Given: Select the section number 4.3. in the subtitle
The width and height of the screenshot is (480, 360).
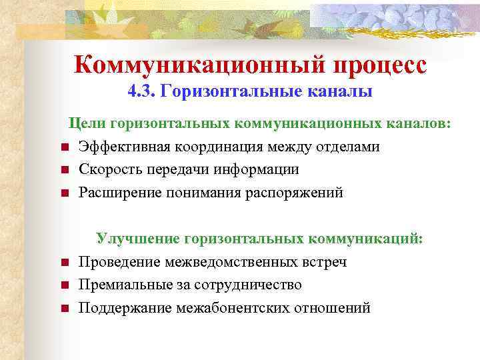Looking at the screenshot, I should click(x=141, y=91).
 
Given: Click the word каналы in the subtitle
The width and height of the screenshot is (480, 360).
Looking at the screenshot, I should click(x=335, y=91).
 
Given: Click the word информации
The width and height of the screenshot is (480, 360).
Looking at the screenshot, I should click(x=257, y=170).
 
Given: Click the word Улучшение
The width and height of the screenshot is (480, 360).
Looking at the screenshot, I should click(x=137, y=239).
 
